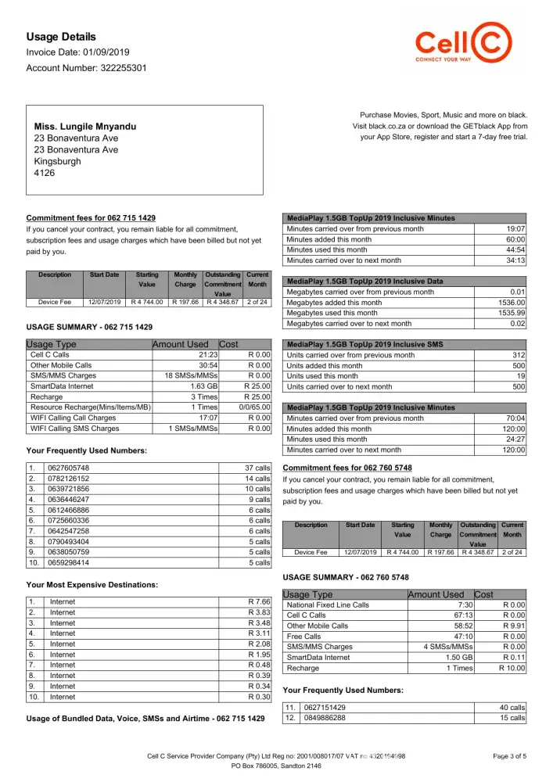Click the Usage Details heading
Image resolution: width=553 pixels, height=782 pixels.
coord(61,37)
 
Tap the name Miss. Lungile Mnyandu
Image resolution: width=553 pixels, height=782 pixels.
coord(85,126)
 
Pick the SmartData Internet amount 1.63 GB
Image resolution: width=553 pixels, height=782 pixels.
coord(203,386)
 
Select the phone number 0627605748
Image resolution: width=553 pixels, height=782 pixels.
coord(70,468)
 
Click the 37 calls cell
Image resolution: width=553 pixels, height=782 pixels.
coord(257,468)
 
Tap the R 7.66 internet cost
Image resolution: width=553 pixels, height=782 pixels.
coord(259,601)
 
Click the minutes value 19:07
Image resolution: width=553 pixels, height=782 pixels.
coord(515,229)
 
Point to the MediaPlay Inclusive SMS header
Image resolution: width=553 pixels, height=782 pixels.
coord(364,344)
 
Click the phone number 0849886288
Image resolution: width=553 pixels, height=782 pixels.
coord(325,718)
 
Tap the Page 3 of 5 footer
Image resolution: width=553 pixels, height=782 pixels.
coord(509,755)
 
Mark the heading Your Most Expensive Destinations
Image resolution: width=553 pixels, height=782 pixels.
coord(92,584)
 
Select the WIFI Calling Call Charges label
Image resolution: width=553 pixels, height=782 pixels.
coord(73,418)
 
